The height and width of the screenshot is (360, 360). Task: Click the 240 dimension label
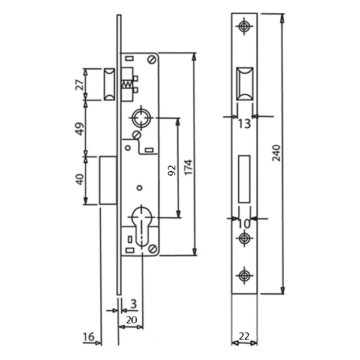click(277, 153)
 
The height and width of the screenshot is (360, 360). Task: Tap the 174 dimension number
click(188, 167)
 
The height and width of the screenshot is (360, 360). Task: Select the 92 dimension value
click(172, 170)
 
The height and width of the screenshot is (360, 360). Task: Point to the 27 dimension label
click(80, 85)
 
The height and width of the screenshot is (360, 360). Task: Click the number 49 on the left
click(80, 129)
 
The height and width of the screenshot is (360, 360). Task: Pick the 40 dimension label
click(80, 179)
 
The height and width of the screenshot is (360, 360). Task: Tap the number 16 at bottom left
click(89, 337)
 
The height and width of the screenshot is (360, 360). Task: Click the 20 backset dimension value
click(131, 320)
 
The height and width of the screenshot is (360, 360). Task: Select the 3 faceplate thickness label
click(133, 304)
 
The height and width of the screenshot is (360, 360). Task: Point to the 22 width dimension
click(244, 337)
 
